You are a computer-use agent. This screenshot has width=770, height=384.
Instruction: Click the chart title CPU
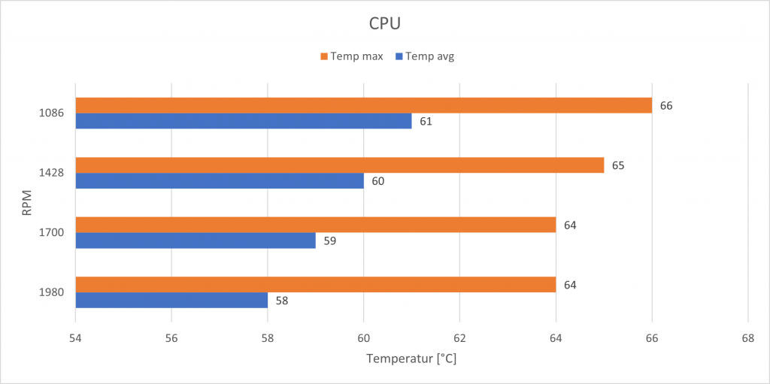coord(384,23)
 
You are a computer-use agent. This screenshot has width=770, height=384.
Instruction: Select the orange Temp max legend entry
coord(351,56)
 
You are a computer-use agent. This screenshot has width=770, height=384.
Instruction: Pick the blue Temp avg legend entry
coord(426,56)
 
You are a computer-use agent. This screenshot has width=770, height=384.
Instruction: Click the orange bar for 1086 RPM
coord(363,105)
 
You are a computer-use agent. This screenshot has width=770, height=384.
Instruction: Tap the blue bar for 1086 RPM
coord(244,121)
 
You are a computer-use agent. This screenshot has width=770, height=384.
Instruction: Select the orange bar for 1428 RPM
coord(339,165)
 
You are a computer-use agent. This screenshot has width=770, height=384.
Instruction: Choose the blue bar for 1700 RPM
coord(196,240)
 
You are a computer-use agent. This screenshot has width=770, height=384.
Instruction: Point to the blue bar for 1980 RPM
coord(171,301)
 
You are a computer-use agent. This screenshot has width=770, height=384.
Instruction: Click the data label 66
coord(665,105)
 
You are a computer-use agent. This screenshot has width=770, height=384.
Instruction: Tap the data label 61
coord(425,121)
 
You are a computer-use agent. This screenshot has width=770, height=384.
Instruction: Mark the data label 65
coord(617,165)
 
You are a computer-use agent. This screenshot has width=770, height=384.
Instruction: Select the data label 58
coord(281,301)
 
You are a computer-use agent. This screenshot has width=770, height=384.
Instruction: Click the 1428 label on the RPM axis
coord(53,173)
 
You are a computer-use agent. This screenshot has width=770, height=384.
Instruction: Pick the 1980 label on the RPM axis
coord(53,292)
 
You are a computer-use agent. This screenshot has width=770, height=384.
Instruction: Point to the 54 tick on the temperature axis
coord(75,338)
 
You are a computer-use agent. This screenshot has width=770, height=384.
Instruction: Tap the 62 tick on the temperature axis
coord(459,338)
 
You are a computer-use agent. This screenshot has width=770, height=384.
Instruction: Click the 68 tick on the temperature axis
coord(747,338)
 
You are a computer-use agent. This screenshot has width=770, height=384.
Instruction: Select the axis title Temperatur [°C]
coord(411,358)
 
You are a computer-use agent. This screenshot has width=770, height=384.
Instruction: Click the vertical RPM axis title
coord(27,203)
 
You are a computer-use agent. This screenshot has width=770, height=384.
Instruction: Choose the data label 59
coord(329,240)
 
